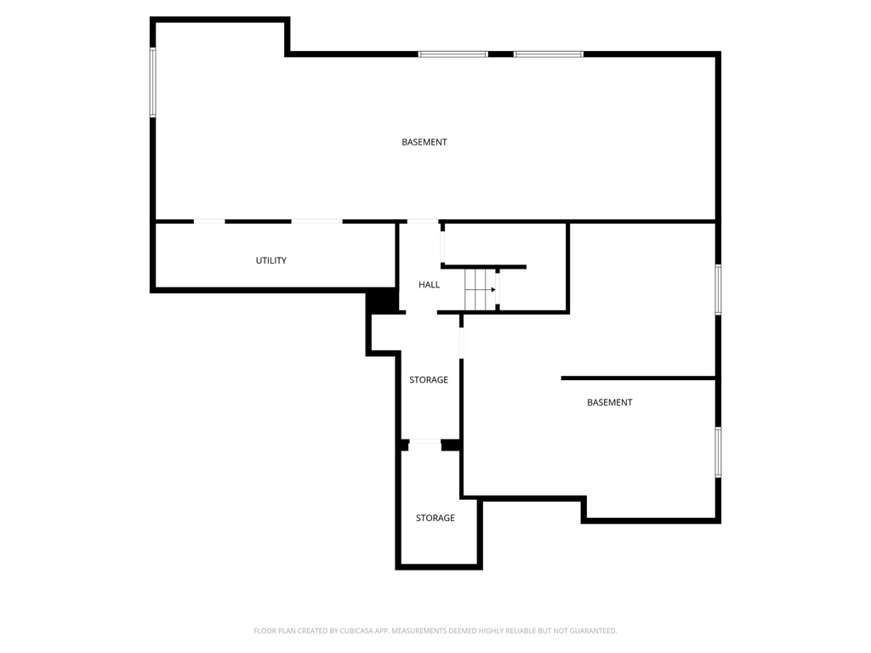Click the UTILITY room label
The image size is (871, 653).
click(271, 260)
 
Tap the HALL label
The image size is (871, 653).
click(429, 285)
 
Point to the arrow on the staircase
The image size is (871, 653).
click(491, 290)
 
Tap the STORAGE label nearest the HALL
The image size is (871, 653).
click(429, 380)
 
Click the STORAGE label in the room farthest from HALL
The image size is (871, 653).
click(435, 518)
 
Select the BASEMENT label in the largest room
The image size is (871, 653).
click(424, 142)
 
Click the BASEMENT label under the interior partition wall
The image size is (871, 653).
click(610, 402)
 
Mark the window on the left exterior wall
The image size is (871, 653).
click(153, 82)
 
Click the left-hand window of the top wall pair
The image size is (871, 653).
click(453, 54)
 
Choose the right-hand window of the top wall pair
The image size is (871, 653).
click(549, 54)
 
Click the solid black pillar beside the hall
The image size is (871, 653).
click(383, 301)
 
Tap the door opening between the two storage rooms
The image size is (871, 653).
click(424, 443)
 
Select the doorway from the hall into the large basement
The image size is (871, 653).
click(419, 222)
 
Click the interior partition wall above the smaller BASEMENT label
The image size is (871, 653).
click(638, 378)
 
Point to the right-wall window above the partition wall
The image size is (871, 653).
click(719, 289)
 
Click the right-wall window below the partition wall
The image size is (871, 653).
click(719, 451)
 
